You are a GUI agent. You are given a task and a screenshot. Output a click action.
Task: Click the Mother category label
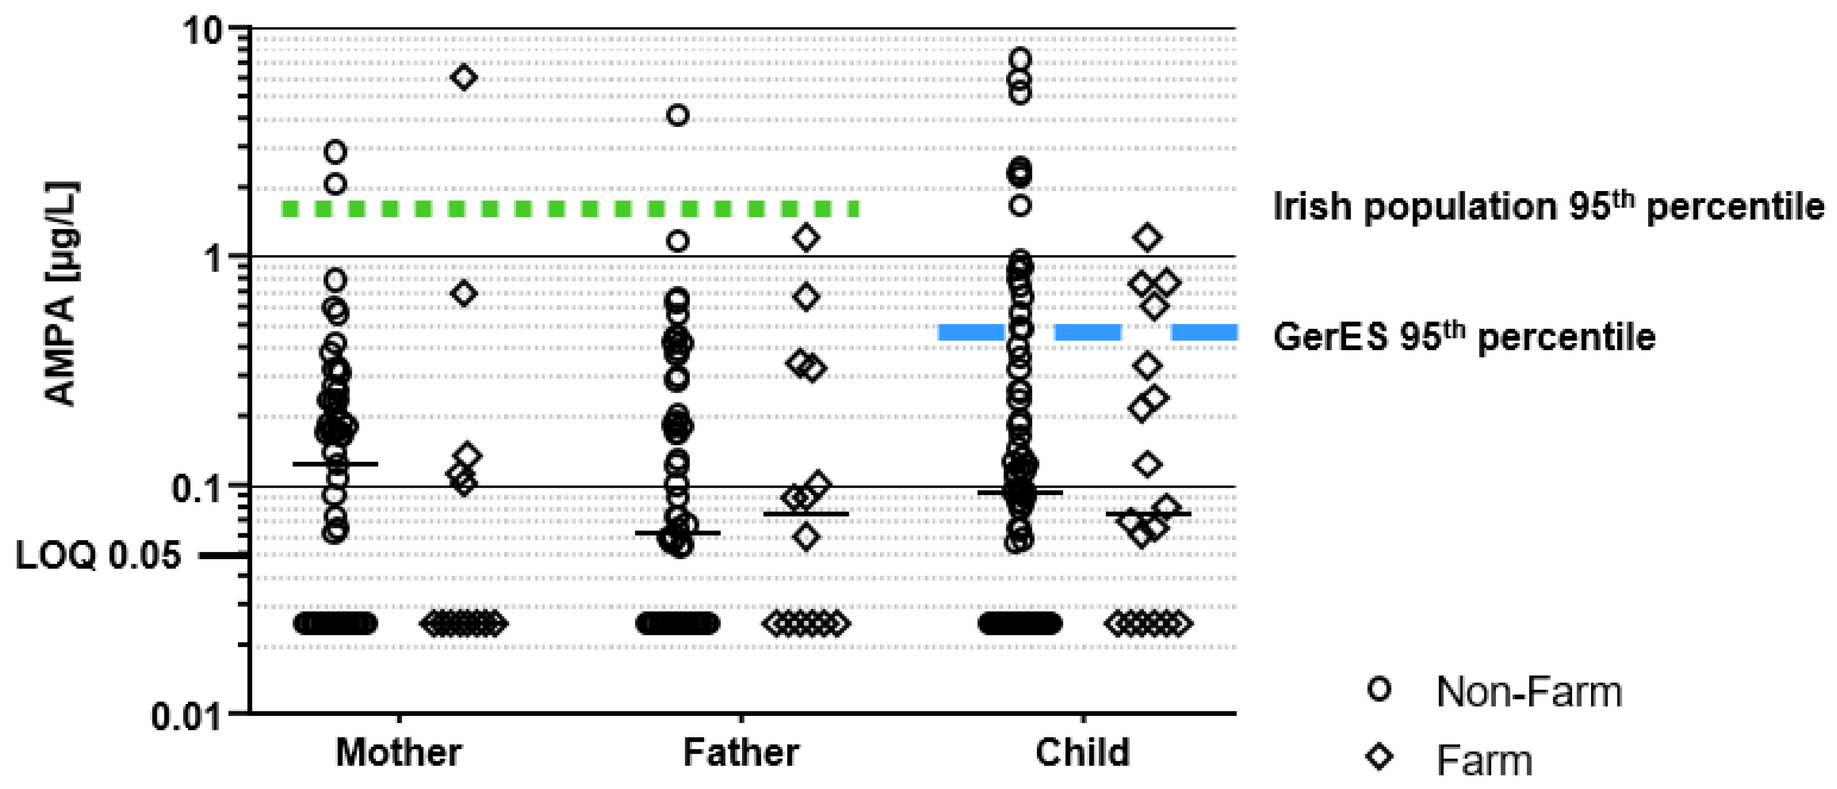click(399, 752)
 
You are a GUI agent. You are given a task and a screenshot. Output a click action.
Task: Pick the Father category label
click(741, 752)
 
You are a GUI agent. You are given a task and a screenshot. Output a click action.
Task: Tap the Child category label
click(1083, 752)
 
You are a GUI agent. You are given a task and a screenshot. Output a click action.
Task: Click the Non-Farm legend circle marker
click(1379, 690)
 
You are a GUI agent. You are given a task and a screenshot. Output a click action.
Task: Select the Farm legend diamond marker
click(1379, 758)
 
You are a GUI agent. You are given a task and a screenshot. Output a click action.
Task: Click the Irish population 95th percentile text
click(1548, 207)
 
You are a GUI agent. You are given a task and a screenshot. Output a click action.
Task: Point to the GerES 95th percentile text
click(1464, 337)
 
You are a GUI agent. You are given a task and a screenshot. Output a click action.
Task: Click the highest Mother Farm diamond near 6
click(464, 77)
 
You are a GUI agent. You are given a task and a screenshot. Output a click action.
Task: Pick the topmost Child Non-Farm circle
click(1021, 59)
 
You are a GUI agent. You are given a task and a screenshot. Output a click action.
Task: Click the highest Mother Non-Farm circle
click(335, 152)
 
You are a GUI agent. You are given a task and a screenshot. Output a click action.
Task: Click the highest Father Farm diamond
click(807, 238)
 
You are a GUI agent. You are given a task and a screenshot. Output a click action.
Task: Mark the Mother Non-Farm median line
click(335, 464)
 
